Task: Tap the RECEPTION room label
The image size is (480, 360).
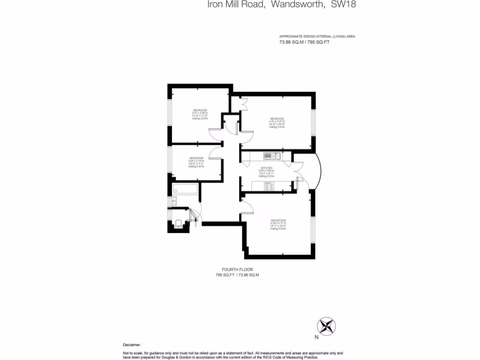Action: point(278,220)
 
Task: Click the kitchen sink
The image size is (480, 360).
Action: point(272,156)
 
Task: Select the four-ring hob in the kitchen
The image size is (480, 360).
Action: point(269,186)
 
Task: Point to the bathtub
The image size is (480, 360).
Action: point(186,190)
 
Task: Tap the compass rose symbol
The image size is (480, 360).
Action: point(327,325)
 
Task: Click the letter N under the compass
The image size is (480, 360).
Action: point(316,336)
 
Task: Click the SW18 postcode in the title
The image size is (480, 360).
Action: point(346,5)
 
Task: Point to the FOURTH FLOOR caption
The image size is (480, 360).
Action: point(237,270)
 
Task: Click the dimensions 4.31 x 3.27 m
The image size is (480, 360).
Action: point(277,121)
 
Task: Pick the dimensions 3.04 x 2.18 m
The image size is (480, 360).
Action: point(196,161)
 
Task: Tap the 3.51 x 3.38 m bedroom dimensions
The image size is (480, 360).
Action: point(200,113)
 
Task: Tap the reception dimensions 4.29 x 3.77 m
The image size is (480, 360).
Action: point(278,223)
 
